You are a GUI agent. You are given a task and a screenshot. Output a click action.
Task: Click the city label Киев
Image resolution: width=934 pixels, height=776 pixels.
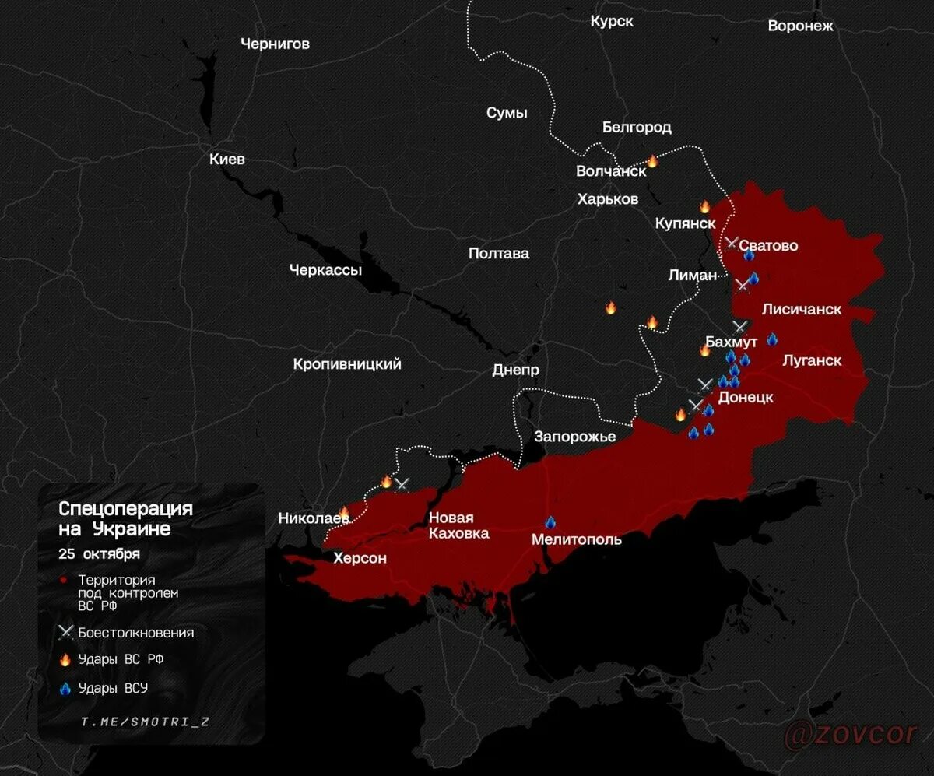tap(227, 160)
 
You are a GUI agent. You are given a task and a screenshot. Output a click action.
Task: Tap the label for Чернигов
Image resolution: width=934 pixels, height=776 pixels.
tap(275, 44)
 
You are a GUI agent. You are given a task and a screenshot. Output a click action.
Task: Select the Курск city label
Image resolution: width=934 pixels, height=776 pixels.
tap(612, 22)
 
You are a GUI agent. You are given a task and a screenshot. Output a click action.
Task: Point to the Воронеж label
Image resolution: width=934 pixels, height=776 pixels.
tap(800, 26)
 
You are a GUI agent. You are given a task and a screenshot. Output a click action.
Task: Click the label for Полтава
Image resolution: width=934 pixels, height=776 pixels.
tap(499, 254)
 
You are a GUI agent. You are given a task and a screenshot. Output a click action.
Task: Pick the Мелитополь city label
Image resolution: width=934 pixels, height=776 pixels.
tap(577, 539)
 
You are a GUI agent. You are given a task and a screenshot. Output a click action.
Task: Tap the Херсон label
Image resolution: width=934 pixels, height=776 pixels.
tap(360, 558)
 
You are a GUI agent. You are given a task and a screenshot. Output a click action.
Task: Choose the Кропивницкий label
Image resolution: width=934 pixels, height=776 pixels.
tap(347, 364)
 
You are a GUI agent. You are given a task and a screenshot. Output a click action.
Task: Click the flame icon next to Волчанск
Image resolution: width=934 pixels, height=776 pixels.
tap(652, 161)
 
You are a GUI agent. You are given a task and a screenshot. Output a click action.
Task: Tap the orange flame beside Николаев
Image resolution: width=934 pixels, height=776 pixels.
tap(344, 511)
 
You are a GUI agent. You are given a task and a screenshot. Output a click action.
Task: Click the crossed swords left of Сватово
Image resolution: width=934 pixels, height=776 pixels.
tap(732, 243)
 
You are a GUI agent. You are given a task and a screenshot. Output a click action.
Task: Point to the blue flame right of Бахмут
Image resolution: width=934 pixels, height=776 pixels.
tap(771, 339)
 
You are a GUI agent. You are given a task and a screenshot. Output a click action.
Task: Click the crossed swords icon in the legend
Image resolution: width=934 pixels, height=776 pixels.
tap(65, 633)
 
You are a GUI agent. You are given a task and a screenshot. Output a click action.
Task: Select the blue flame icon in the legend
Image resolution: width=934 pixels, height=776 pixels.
tap(65, 688)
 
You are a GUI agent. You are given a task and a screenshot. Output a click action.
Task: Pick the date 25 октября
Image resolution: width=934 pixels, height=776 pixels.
tap(99, 554)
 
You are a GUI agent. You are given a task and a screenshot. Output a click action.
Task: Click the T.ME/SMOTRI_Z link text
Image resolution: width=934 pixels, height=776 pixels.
tap(145, 722)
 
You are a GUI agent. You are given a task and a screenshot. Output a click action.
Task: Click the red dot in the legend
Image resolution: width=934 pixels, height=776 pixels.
tap(65, 581)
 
